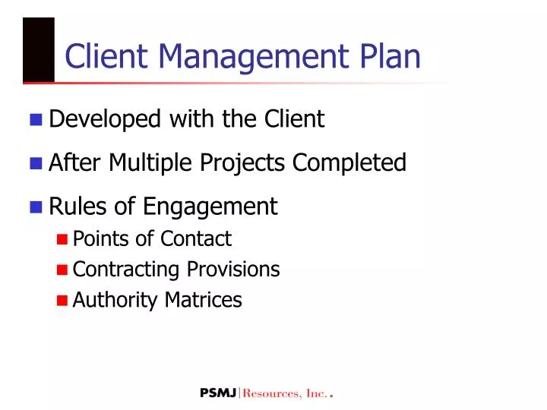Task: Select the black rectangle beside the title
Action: (39, 49)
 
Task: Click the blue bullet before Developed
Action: (36, 119)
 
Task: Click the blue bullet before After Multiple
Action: (36, 162)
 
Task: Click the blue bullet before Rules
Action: (36, 207)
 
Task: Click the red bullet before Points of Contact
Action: (63, 239)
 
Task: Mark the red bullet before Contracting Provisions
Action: (63, 270)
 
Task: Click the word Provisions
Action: (244, 270)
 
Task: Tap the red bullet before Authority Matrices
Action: (63, 301)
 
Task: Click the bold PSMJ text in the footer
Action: (219, 393)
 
